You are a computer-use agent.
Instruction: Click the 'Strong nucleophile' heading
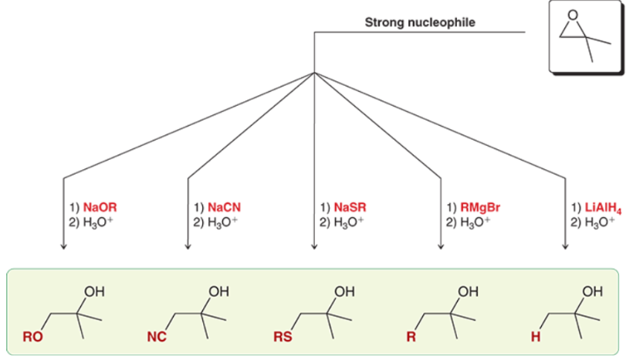[420, 22]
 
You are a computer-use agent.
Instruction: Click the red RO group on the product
[33, 338]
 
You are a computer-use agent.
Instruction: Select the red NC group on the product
[157, 338]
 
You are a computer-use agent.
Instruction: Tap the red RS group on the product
[283, 338]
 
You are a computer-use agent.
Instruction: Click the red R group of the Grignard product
[411, 338]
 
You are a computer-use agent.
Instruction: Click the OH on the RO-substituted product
[94, 292]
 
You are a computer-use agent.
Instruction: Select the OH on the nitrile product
[218, 292]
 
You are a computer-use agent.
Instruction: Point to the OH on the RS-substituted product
[344, 292]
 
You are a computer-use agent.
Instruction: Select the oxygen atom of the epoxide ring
[572, 14]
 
